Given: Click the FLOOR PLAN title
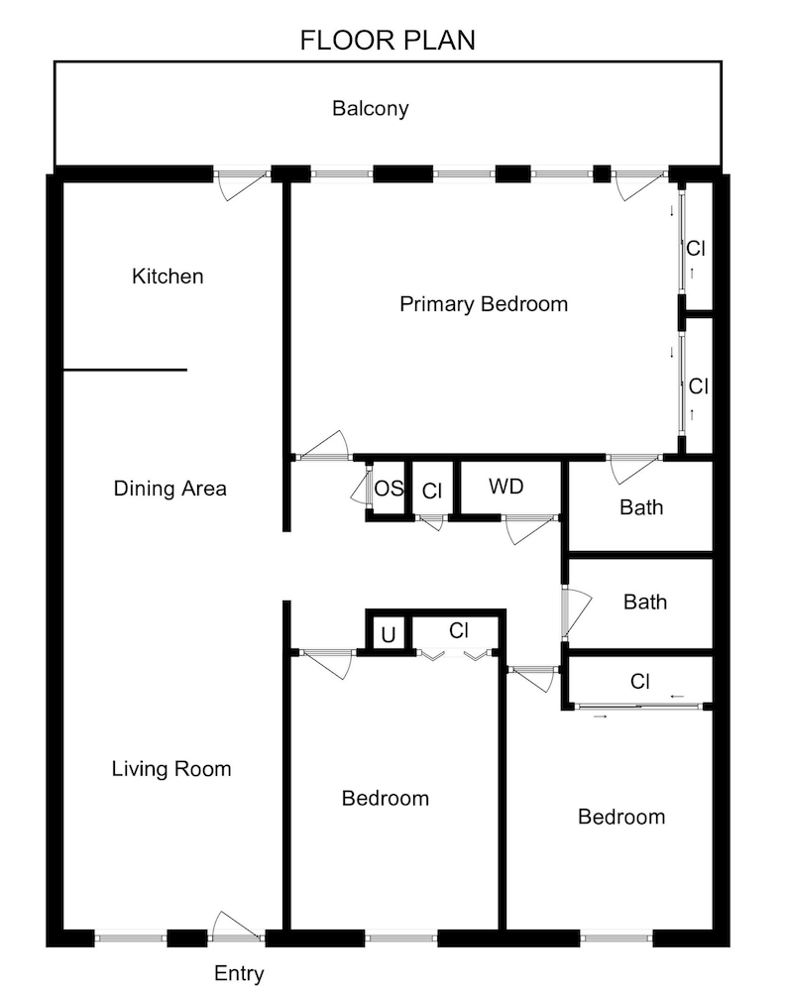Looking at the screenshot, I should click(388, 41).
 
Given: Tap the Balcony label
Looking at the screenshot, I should click(370, 109).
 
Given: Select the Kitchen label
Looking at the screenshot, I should click(168, 276).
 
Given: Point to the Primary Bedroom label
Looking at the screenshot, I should click(484, 304).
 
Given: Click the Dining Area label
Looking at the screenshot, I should click(169, 489).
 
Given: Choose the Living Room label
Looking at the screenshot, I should click(170, 768).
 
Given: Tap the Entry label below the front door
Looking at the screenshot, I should click(239, 974).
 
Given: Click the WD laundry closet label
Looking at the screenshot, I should click(505, 488).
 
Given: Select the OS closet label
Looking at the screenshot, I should click(389, 489).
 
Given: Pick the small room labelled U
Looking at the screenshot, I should click(388, 635).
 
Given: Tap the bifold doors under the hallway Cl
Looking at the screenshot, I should click(457, 655).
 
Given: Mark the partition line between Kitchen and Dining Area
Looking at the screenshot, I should click(125, 371).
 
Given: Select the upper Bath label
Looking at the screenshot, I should click(641, 508).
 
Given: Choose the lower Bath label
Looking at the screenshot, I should click(644, 603).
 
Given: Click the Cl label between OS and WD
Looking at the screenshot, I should click(431, 491).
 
